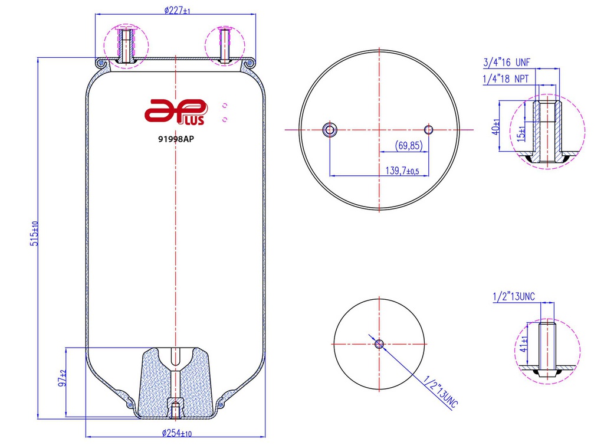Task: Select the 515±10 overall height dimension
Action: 35,234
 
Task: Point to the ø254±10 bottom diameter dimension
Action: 177,434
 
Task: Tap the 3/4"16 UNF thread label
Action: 507,62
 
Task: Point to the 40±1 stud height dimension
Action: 497,126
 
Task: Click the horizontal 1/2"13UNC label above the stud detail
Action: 513,296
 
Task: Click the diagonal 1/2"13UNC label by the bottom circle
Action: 437,392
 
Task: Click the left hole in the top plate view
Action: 329,129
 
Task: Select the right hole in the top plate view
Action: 429,129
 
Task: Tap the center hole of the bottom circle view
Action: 379,343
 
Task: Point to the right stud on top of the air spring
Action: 224,45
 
